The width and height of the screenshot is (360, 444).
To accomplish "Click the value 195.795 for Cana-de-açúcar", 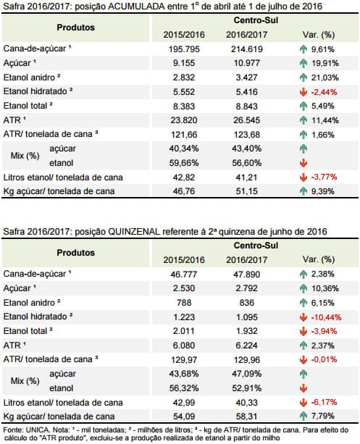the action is tap(184, 49).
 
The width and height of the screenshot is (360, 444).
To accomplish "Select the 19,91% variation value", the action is tap(325, 63).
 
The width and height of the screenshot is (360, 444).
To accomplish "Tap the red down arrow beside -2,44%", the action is tap(303, 92).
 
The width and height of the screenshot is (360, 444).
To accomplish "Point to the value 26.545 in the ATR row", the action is tap(247, 120).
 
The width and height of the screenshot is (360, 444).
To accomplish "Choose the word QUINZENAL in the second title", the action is tap(134, 232).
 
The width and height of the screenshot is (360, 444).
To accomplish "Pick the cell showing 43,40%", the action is tap(247, 148).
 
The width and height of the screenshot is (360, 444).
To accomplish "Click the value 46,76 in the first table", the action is tap(184, 191).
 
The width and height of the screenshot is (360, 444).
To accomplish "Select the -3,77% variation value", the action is tap(324, 177).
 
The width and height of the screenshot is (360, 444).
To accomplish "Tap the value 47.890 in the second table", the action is tap(247, 275).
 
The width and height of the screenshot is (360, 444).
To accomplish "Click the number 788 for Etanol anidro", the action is tap(184, 303).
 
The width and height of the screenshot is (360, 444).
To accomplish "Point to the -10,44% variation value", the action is tap(326, 317).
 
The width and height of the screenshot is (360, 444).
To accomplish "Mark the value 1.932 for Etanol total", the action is tap(247, 331).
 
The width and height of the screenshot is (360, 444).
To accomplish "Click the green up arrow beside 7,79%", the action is tap(303, 416).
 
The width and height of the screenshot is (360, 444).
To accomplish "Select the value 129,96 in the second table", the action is tap(247, 360).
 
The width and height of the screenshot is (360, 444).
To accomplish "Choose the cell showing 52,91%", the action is tap(247, 388).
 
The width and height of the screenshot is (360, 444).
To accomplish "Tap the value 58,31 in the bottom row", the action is tap(247, 416).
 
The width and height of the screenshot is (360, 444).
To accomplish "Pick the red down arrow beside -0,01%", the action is tap(303, 360).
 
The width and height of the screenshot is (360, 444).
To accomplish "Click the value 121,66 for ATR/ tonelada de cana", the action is tap(184, 135).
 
